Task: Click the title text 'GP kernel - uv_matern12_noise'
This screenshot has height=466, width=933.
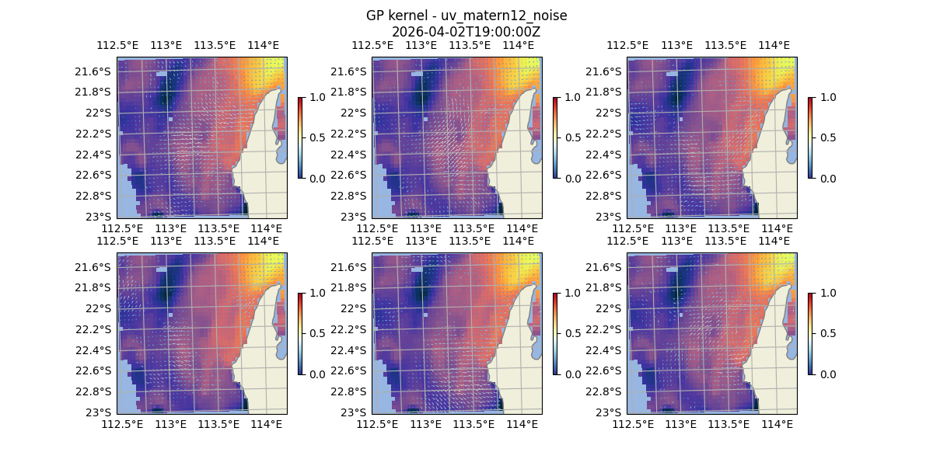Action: (466, 16)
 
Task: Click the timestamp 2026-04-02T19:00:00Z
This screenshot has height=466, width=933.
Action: (466, 32)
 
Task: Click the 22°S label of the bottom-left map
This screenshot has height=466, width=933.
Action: (100, 308)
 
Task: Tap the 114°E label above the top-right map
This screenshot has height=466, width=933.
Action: (774, 45)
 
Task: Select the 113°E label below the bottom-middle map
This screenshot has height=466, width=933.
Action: (425, 424)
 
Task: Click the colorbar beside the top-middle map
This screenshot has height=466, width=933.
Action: (555, 137)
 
